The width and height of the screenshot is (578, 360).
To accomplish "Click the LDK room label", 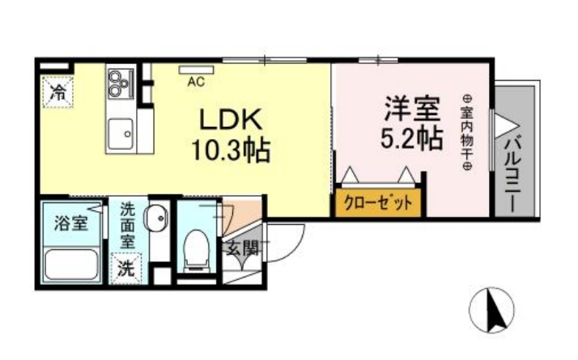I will pyautogui.click(x=230, y=121).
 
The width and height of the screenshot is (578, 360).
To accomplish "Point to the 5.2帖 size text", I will pyautogui.click(x=412, y=138).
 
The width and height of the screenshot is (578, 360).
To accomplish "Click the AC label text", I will pyautogui.click(x=195, y=83).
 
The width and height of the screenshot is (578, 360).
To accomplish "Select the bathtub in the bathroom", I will pyautogui.click(x=70, y=265).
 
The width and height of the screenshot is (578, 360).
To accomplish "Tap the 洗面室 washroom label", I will pyautogui.click(x=127, y=226).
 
